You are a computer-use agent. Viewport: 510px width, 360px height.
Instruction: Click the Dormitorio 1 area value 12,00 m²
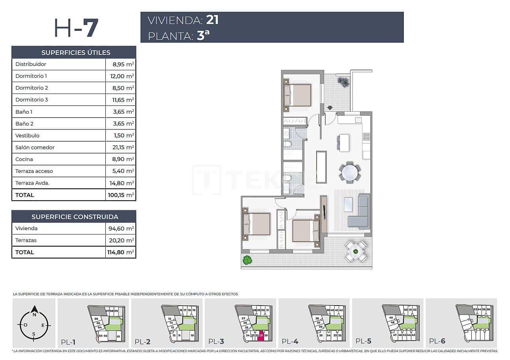pyautogui.click(x=121, y=76)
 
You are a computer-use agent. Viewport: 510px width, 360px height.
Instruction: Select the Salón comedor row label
pyautogui.click(x=35, y=147)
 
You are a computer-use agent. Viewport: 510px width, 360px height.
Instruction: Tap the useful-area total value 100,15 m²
pyautogui.click(x=121, y=195)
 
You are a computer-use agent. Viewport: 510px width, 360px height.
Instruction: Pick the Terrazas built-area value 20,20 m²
pyautogui.click(x=121, y=240)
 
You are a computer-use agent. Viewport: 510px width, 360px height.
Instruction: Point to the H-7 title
pyautogui.click(x=76, y=28)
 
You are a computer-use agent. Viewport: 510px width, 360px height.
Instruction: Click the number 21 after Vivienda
pyautogui.click(x=212, y=20)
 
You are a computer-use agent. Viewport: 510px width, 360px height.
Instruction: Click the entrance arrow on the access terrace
pyautogui.click(x=330, y=107)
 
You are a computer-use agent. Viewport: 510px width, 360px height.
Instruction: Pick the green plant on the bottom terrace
pyautogui.click(x=247, y=260)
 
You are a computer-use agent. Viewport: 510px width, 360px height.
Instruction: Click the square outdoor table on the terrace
pyautogui.click(x=356, y=251)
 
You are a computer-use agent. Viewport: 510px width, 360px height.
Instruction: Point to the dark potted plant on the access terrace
pyautogui.click(x=343, y=82)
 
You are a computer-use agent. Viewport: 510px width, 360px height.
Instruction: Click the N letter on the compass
pyautogui.click(x=34, y=315)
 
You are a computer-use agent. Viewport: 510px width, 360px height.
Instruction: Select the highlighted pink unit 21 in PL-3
pyautogui.click(x=261, y=336)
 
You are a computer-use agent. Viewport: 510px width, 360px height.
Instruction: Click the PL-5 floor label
pyautogui.click(x=363, y=341)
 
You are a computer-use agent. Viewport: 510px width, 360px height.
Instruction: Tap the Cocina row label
pyautogui.click(x=24, y=159)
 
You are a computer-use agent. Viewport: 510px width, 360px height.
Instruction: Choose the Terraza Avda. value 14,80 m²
pyautogui.click(x=121, y=183)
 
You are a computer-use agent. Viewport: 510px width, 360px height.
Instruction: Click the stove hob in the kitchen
pyautogui.click(x=366, y=137)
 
